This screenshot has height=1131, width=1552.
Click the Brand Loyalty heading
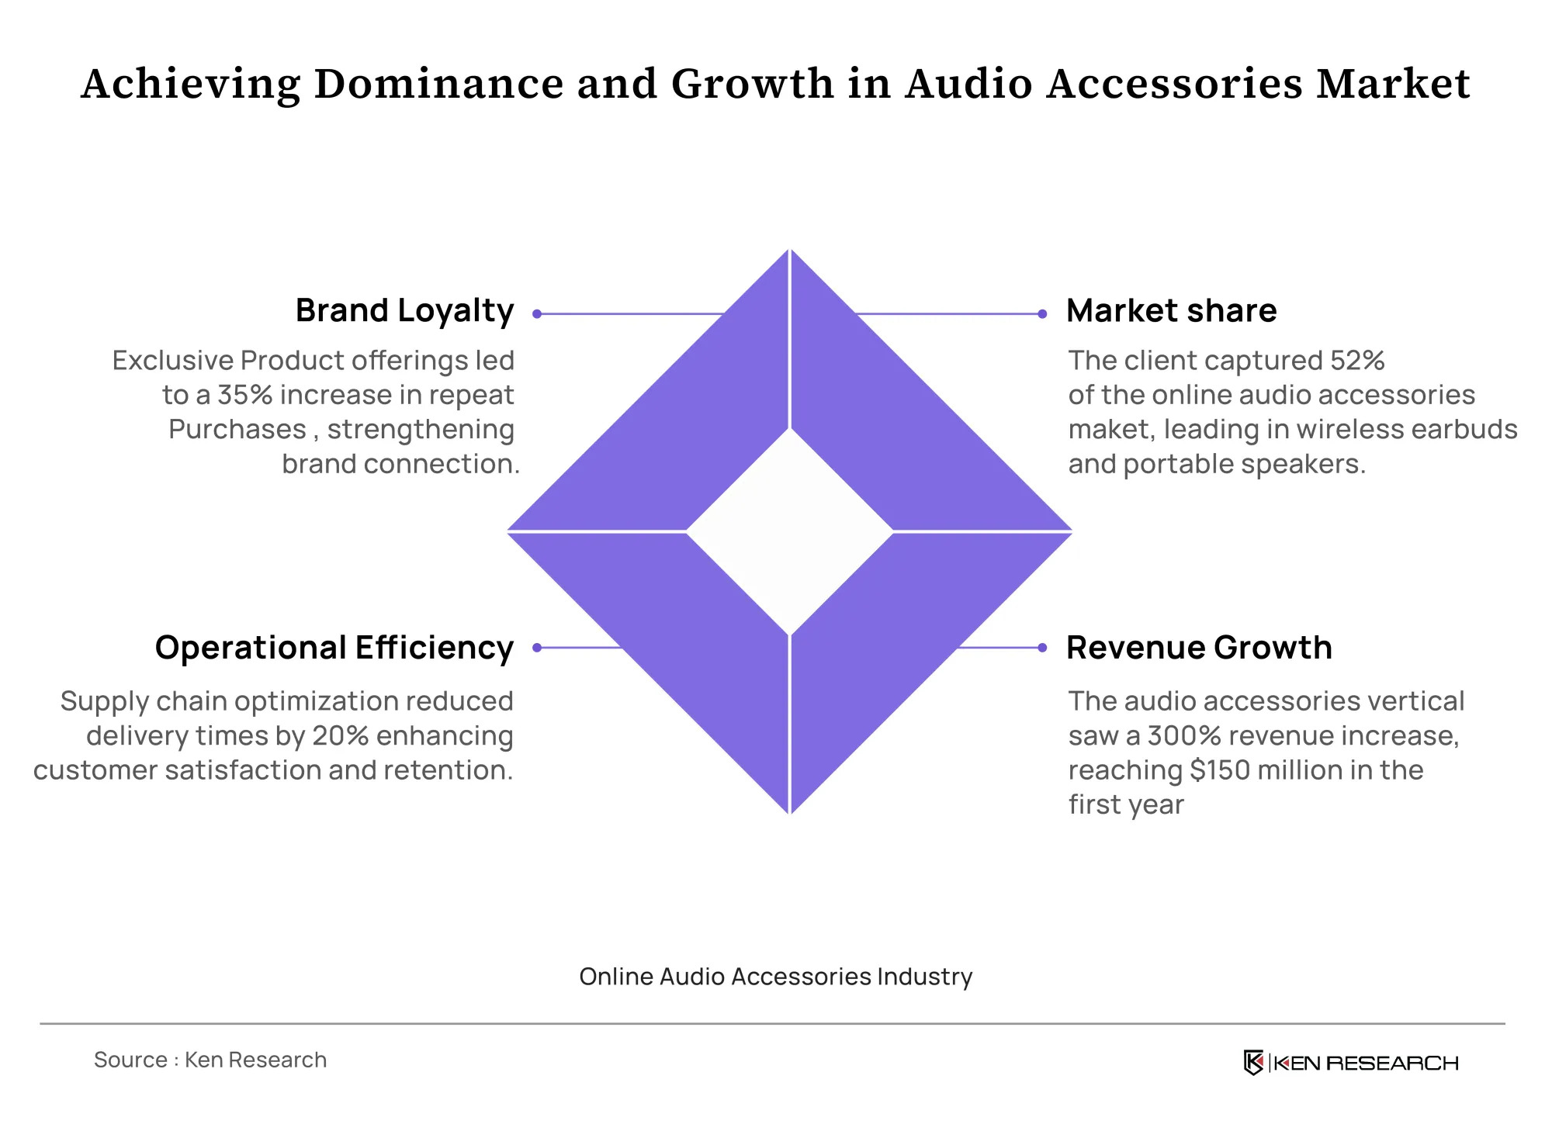coord(404,312)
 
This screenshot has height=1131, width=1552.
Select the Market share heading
coord(1171,310)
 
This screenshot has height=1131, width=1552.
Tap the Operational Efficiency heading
coord(334,649)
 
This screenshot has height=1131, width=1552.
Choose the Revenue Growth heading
coord(1199,648)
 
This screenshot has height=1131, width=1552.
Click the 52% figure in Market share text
coord(1357,361)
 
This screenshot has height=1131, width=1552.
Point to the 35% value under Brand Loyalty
coord(244,395)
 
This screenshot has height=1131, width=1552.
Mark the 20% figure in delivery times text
coord(341,735)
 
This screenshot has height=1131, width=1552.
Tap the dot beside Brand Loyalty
coord(537,314)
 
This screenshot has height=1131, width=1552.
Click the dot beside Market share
coord(1042,314)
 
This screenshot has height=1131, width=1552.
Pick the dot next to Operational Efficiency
coord(537,648)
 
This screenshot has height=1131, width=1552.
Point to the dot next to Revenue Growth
coord(1042,648)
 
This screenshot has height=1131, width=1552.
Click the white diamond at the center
coord(790,532)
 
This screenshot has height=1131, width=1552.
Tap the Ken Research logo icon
coord(1253,1062)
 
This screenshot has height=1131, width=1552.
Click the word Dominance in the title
coord(438,84)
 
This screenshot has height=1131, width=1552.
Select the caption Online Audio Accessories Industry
coord(776,977)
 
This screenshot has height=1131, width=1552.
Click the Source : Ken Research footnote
coord(210,1060)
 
